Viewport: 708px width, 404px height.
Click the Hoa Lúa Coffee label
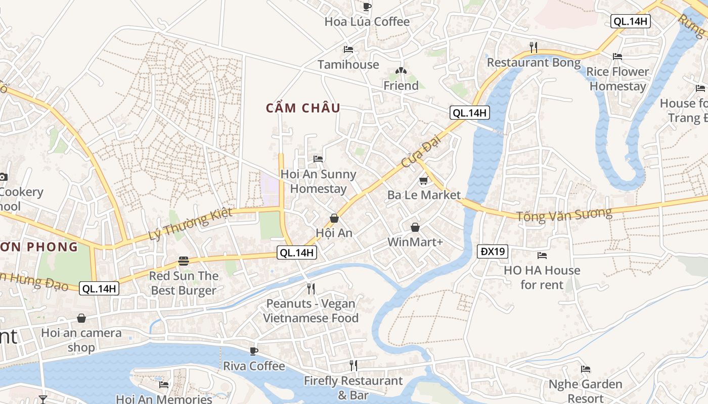[367, 22]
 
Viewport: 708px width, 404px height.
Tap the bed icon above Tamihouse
[348, 49]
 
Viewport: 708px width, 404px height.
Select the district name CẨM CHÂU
[303, 108]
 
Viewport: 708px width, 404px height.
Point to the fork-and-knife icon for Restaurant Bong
[533, 47]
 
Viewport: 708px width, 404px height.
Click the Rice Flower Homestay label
[617, 79]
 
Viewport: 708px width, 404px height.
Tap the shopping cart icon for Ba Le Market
[423, 181]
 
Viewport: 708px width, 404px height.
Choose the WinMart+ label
[415, 242]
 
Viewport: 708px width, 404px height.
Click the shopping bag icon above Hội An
[334, 218]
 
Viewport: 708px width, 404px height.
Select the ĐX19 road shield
[493, 251]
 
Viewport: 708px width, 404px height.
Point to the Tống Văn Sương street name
[564, 215]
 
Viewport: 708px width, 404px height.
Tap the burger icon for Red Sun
[183, 261]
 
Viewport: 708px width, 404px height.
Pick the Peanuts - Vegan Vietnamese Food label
[311, 311]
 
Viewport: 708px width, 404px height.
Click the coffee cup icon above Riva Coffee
[254, 351]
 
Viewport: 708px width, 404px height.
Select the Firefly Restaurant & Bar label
[353, 387]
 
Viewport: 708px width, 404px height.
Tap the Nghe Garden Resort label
[585, 391]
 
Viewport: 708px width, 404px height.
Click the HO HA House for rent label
[542, 277]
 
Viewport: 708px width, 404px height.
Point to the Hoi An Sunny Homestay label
[318, 181]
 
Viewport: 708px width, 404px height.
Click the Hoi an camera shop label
[81, 340]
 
